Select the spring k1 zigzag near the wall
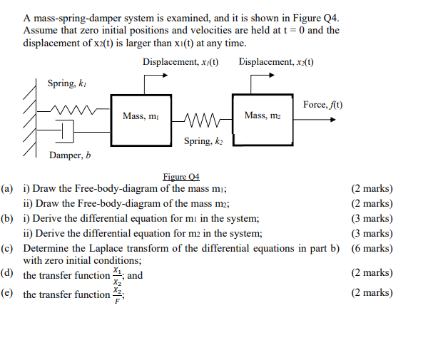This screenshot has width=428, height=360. (x=71, y=110)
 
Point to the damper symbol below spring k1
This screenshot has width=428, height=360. (x=66, y=131)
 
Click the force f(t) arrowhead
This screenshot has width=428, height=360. (x=332, y=119)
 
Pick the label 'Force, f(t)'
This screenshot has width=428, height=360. (x=322, y=105)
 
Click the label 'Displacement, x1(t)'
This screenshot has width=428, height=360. (x=180, y=62)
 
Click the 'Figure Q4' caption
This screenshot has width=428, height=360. (x=181, y=177)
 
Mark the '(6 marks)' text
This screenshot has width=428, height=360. (x=372, y=249)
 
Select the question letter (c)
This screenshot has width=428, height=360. (x=8, y=249)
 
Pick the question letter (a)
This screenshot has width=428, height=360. (x=8, y=189)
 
